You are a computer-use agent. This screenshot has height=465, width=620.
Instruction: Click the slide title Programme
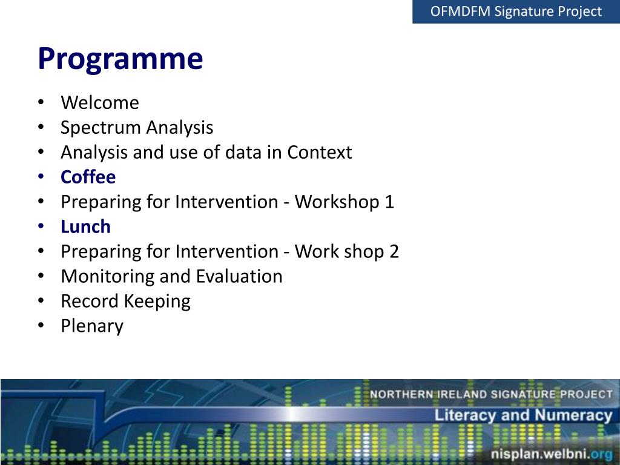tap(120, 59)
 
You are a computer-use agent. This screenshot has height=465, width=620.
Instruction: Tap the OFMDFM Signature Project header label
tap(516, 12)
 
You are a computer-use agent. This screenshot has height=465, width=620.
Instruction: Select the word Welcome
tap(100, 103)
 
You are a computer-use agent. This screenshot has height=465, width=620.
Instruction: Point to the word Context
tap(320, 152)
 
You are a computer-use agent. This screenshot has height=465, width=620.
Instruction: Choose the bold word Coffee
tap(88, 177)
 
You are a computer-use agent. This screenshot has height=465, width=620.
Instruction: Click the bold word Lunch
tap(85, 226)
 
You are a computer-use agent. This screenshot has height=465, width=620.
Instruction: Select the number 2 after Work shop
tap(394, 252)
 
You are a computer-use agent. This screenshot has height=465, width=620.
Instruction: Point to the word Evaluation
tap(239, 276)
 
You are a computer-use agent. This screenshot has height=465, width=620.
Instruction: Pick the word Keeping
tap(157, 302)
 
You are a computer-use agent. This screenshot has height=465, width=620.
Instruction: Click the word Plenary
tap(92, 326)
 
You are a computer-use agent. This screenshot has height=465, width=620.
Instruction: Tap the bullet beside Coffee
tap(41, 177)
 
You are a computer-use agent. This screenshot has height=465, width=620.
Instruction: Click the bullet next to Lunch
tap(41, 226)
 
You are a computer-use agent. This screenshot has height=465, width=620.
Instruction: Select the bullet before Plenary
tap(41, 325)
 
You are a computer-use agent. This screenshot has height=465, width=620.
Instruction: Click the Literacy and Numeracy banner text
tap(524, 415)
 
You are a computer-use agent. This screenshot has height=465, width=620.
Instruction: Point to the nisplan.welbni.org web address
tap(552, 454)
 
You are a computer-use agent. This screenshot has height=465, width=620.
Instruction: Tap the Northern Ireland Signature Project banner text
tap(491, 394)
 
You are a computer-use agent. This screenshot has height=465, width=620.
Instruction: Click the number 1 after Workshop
tap(389, 202)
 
